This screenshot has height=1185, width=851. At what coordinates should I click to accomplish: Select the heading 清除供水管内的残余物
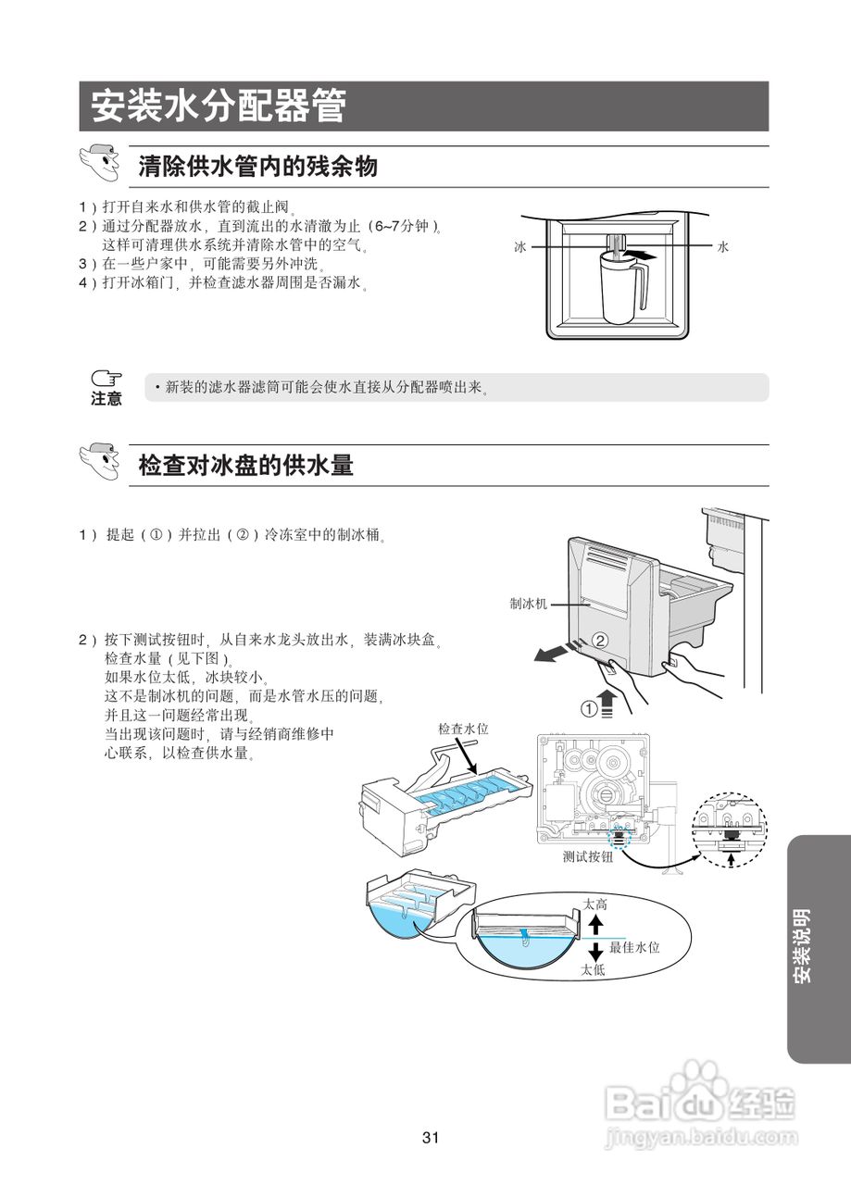pyautogui.click(x=257, y=168)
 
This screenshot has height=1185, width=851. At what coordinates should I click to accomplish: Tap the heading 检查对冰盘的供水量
pyautogui.click(x=245, y=466)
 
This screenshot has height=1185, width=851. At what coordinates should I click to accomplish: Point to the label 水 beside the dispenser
pyautogui.click(x=723, y=247)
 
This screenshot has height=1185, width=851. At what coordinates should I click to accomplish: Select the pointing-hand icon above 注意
pyautogui.click(x=106, y=379)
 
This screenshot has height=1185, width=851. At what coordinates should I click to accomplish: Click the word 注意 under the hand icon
pyautogui.click(x=106, y=399)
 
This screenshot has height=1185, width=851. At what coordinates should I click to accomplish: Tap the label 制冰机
pyautogui.click(x=528, y=604)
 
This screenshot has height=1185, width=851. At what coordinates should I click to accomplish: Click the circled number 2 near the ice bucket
pyautogui.click(x=599, y=640)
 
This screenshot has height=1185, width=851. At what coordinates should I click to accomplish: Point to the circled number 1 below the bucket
pyautogui.click(x=589, y=708)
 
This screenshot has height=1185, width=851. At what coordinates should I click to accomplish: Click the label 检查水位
pyautogui.click(x=463, y=730)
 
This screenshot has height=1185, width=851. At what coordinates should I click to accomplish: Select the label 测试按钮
pyautogui.click(x=588, y=857)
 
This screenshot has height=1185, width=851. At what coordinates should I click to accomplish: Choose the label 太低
pyautogui.click(x=593, y=970)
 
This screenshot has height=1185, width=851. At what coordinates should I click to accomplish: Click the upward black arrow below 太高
pyautogui.click(x=595, y=926)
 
